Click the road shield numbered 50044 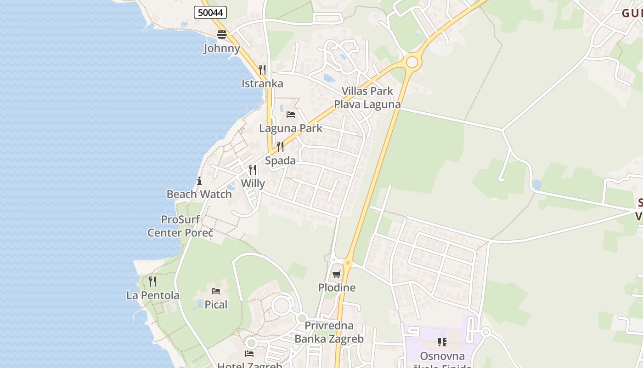(x=210, y=12)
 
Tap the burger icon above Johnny (x=222, y=34)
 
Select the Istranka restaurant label (x=262, y=84)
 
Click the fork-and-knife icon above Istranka (x=262, y=70)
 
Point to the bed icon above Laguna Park (x=291, y=114)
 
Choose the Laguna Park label (x=291, y=128)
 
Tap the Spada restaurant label (x=280, y=161)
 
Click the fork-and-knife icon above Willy (x=253, y=170)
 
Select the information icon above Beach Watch (x=199, y=181)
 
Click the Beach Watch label (x=199, y=194)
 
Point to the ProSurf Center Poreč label (x=180, y=226)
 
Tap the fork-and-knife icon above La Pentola (x=152, y=281)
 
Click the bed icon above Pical (x=216, y=291)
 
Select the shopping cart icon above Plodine (x=337, y=275)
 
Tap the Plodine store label (x=337, y=288)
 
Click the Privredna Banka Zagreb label (x=329, y=332)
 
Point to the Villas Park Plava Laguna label (x=367, y=98)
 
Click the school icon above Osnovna (x=442, y=342)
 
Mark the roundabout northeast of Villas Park (x=412, y=62)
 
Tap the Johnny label (x=222, y=48)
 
